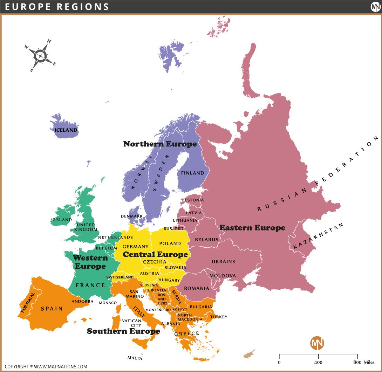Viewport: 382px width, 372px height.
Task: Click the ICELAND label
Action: click(x=66, y=130)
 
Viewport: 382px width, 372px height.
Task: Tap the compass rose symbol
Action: click(x=41, y=55)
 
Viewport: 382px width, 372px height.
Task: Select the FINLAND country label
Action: click(x=192, y=173)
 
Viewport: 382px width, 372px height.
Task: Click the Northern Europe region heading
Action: click(x=160, y=144)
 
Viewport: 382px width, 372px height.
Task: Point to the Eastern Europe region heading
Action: click(x=252, y=228)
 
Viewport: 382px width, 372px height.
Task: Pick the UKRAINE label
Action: click(x=223, y=262)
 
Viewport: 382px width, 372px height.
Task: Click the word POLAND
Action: click(x=170, y=243)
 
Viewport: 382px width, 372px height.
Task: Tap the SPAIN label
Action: click(x=52, y=309)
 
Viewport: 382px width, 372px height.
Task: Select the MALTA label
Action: click(x=135, y=358)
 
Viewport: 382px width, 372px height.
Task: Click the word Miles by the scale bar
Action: click(x=367, y=362)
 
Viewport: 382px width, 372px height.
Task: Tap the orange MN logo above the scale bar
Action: click(x=317, y=343)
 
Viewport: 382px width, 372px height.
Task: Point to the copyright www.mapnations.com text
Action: click(x=46, y=366)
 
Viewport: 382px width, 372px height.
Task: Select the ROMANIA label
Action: click(x=196, y=288)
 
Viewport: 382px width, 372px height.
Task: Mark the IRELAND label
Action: click(x=61, y=220)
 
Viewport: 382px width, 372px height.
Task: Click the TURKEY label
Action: click(x=219, y=317)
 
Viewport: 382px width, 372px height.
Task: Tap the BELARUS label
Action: click(x=206, y=240)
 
